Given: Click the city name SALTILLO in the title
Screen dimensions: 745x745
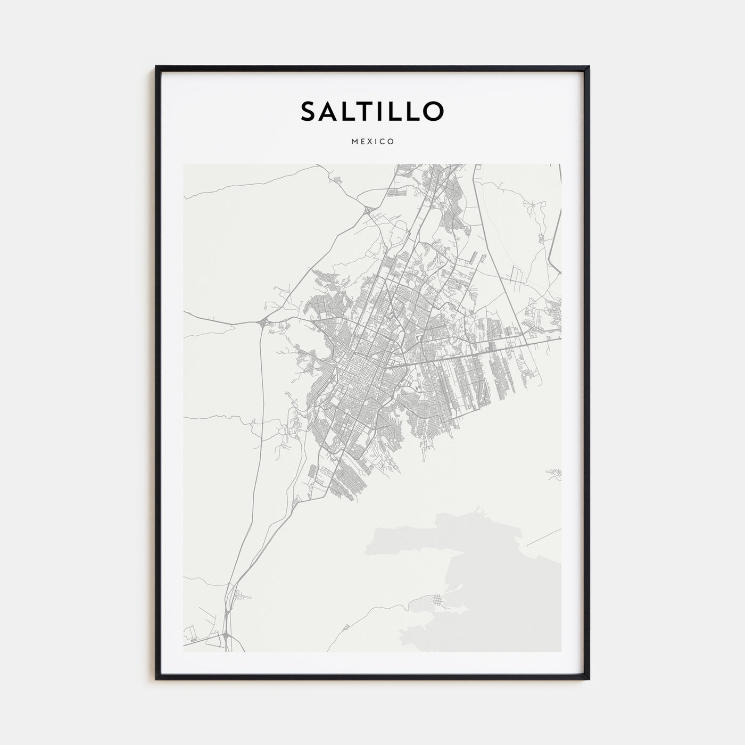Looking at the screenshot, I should [x=372, y=111].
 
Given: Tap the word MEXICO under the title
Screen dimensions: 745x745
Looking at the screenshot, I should [x=372, y=142].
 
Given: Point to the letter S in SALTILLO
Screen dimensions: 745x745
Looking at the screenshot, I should [x=308, y=111].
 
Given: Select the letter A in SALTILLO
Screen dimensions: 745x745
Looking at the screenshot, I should [x=330, y=111].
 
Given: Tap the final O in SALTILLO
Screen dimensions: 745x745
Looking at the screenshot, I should [x=433, y=111].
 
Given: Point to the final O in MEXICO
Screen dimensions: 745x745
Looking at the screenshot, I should [x=391, y=142].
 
